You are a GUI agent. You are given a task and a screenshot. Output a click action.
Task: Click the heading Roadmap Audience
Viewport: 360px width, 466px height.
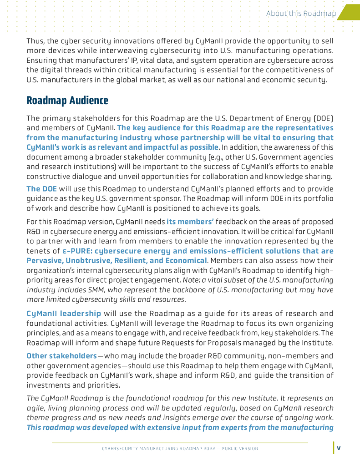point(67,100)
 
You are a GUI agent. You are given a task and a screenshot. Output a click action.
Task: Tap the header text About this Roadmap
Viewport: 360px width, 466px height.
point(301,14)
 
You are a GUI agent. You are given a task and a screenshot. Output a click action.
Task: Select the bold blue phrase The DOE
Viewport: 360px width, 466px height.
point(41,189)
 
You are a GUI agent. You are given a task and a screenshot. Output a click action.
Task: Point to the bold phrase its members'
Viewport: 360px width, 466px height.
point(190,222)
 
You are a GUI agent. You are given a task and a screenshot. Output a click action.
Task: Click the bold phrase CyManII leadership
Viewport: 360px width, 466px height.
point(64,314)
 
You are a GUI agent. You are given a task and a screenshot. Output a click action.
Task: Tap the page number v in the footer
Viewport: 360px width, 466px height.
point(339,448)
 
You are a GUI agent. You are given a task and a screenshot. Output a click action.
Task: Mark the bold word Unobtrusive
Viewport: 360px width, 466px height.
point(90,261)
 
